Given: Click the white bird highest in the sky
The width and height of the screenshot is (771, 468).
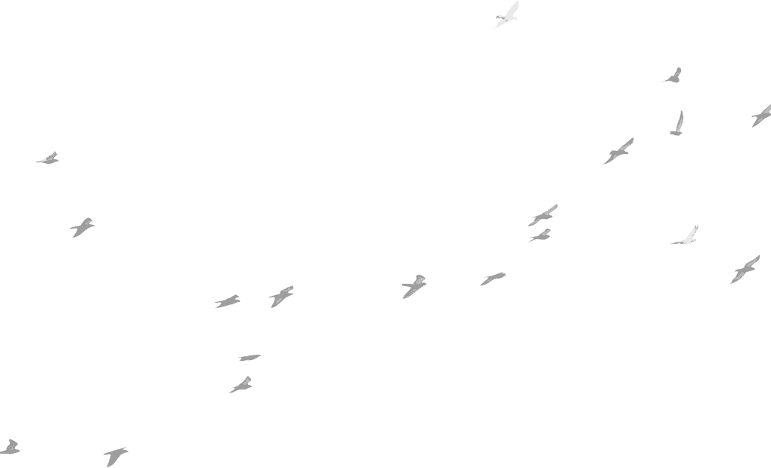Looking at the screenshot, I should [x=506, y=16].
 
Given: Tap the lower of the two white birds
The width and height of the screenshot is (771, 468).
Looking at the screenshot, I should [x=686, y=238].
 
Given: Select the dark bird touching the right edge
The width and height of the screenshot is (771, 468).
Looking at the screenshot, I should [x=760, y=115].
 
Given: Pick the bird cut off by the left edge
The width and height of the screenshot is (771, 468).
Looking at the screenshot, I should [x=9, y=448].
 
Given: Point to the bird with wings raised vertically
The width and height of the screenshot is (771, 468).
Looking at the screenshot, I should [x=677, y=125].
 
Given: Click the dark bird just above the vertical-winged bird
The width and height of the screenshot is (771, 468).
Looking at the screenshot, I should [x=673, y=75].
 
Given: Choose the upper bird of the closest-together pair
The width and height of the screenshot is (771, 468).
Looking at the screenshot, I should [x=543, y=216].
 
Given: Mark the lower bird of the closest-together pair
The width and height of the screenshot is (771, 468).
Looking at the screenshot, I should [x=540, y=236].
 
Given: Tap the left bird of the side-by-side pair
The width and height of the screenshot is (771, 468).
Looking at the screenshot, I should [x=227, y=301].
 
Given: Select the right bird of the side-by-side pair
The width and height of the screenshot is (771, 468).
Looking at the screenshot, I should [x=281, y=296].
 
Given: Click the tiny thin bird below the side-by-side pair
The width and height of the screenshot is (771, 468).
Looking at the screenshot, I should [x=249, y=357].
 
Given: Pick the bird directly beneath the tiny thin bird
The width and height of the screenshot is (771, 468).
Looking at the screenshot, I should [x=241, y=386].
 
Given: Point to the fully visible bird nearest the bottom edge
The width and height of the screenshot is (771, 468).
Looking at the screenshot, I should [x=115, y=455].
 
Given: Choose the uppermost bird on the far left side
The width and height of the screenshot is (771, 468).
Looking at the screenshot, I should [x=48, y=159].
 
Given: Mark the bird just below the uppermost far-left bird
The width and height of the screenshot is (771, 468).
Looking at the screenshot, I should [x=82, y=226].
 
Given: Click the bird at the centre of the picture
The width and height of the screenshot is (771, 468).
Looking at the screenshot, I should [x=413, y=286].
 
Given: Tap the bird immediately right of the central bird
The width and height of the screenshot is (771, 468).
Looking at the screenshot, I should [x=493, y=279].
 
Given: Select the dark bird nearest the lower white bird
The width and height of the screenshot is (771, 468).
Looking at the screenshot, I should [x=745, y=269].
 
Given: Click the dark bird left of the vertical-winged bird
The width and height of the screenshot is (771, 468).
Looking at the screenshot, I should [x=618, y=151].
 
